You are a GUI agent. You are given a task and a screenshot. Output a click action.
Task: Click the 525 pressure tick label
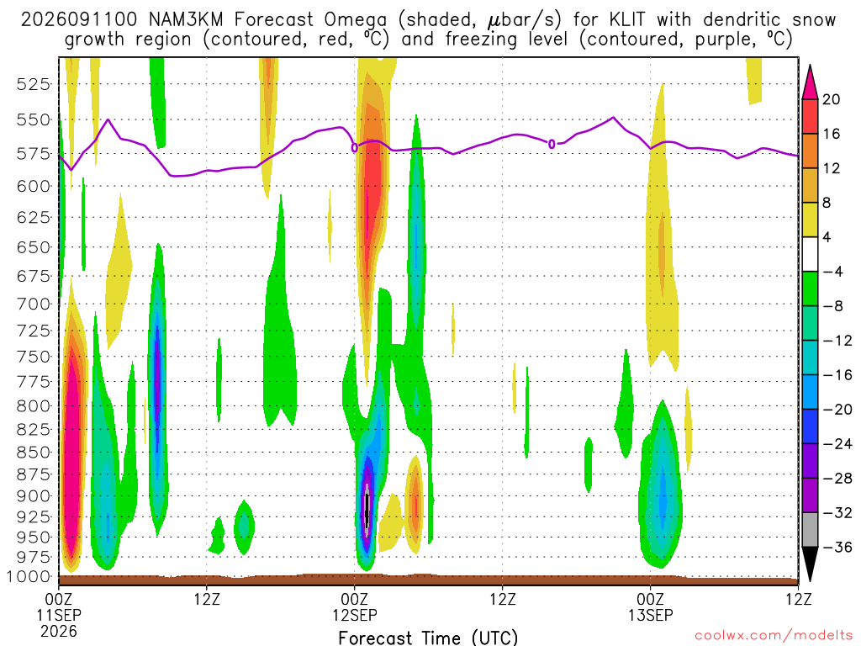pyautogui.click(x=33, y=85)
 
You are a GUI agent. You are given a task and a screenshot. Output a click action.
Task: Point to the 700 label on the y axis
pyautogui.click(x=33, y=304)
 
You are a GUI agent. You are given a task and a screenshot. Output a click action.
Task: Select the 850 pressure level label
pyautogui.click(x=33, y=452)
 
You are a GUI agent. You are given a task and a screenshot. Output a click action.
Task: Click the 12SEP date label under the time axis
pyautogui.click(x=355, y=615)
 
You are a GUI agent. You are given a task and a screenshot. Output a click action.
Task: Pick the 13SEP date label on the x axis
pyautogui.click(x=651, y=615)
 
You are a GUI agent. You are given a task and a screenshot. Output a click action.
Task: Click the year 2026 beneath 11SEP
pyautogui.click(x=58, y=631)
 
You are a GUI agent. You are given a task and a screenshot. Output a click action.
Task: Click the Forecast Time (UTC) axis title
pyautogui.click(x=428, y=638)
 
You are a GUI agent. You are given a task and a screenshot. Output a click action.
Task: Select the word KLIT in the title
pyautogui.click(x=627, y=20)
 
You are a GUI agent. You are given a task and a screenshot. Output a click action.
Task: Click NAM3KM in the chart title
pyautogui.click(x=186, y=20)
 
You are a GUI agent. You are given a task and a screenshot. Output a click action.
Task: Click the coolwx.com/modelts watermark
pyautogui.click(x=774, y=636)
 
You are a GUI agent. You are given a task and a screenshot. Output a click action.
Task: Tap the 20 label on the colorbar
pyautogui.click(x=832, y=99)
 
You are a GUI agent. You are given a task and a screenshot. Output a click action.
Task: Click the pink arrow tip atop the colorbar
pyautogui.click(x=810, y=66)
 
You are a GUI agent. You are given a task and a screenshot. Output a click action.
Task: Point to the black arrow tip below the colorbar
pyautogui.click(x=810, y=581)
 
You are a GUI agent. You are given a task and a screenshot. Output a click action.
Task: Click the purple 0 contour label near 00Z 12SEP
pyautogui.click(x=355, y=148)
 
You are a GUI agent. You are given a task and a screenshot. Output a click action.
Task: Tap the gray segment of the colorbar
pyautogui.click(x=810, y=530)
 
